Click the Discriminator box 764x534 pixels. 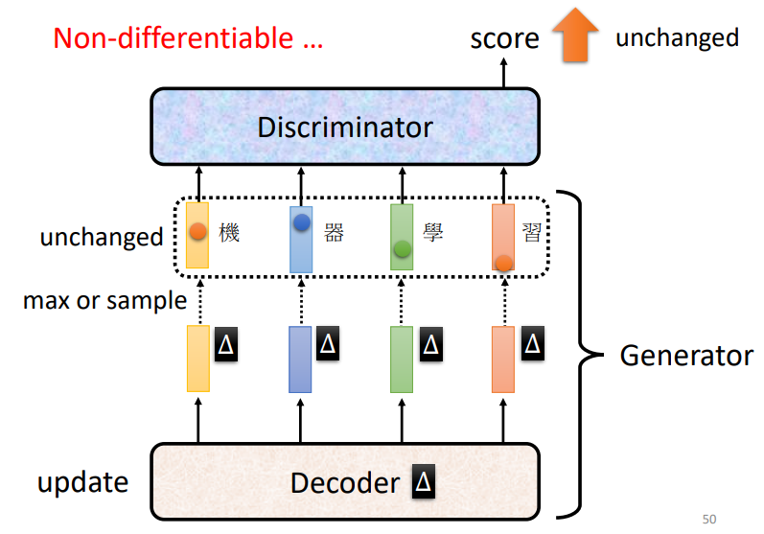(345, 127)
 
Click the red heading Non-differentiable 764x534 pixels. (187, 38)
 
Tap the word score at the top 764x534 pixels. (504, 39)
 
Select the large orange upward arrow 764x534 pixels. (575, 36)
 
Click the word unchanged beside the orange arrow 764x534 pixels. (677, 37)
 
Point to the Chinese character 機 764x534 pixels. (229, 232)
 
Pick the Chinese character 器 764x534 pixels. (333, 232)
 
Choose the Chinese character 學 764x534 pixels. (433, 232)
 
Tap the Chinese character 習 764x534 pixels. (533, 232)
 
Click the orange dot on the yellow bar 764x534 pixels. (197, 231)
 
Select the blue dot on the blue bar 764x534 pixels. (301, 222)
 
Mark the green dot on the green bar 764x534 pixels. (403, 249)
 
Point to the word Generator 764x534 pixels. (686, 356)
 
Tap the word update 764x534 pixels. (82, 482)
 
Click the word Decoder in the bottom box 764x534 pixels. (344, 482)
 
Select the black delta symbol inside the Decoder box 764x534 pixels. (423, 482)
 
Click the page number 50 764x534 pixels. (709, 519)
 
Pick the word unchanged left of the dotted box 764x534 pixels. (102, 237)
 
